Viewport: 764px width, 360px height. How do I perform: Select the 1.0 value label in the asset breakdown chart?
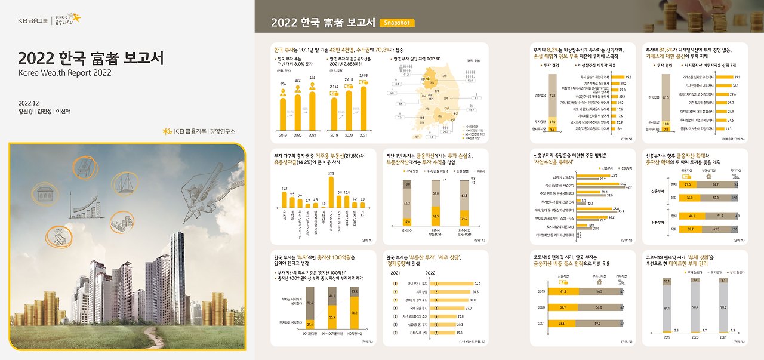[x=323, y=202]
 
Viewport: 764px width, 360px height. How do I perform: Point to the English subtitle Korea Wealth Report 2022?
[x=65, y=72]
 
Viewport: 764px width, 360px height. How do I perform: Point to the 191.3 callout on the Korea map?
[x=406, y=75]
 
